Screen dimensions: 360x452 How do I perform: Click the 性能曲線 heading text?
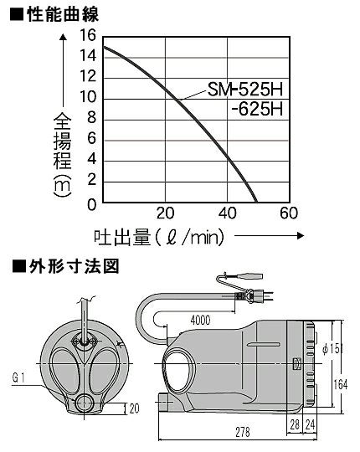tap(63, 14)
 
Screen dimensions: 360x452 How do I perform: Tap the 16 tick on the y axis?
tap(88, 35)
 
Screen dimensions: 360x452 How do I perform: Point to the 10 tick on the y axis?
tap(88, 97)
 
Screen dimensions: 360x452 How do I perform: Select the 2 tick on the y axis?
tap(91, 180)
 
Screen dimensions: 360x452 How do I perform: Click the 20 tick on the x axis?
tap(166, 213)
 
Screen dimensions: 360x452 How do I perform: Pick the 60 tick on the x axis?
tap(289, 213)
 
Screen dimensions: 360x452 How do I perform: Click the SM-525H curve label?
tap(245, 90)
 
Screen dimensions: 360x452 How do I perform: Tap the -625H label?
tap(257, 110)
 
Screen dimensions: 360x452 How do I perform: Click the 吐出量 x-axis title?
tap(122, 238)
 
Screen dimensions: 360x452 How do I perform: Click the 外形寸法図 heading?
tap(74, 266)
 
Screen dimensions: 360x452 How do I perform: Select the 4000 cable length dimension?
tap(201, 321)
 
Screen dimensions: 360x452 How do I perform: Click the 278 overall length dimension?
tap(243, 432)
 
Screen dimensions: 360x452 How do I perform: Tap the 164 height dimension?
tap(341, 385)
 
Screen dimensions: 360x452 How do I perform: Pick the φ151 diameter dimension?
tap(332, 349)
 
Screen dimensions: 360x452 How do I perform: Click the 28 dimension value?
tap(295, 424)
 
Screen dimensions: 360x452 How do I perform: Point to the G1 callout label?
tap(18, 378)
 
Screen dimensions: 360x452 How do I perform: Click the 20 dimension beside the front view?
tap(134, 408)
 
